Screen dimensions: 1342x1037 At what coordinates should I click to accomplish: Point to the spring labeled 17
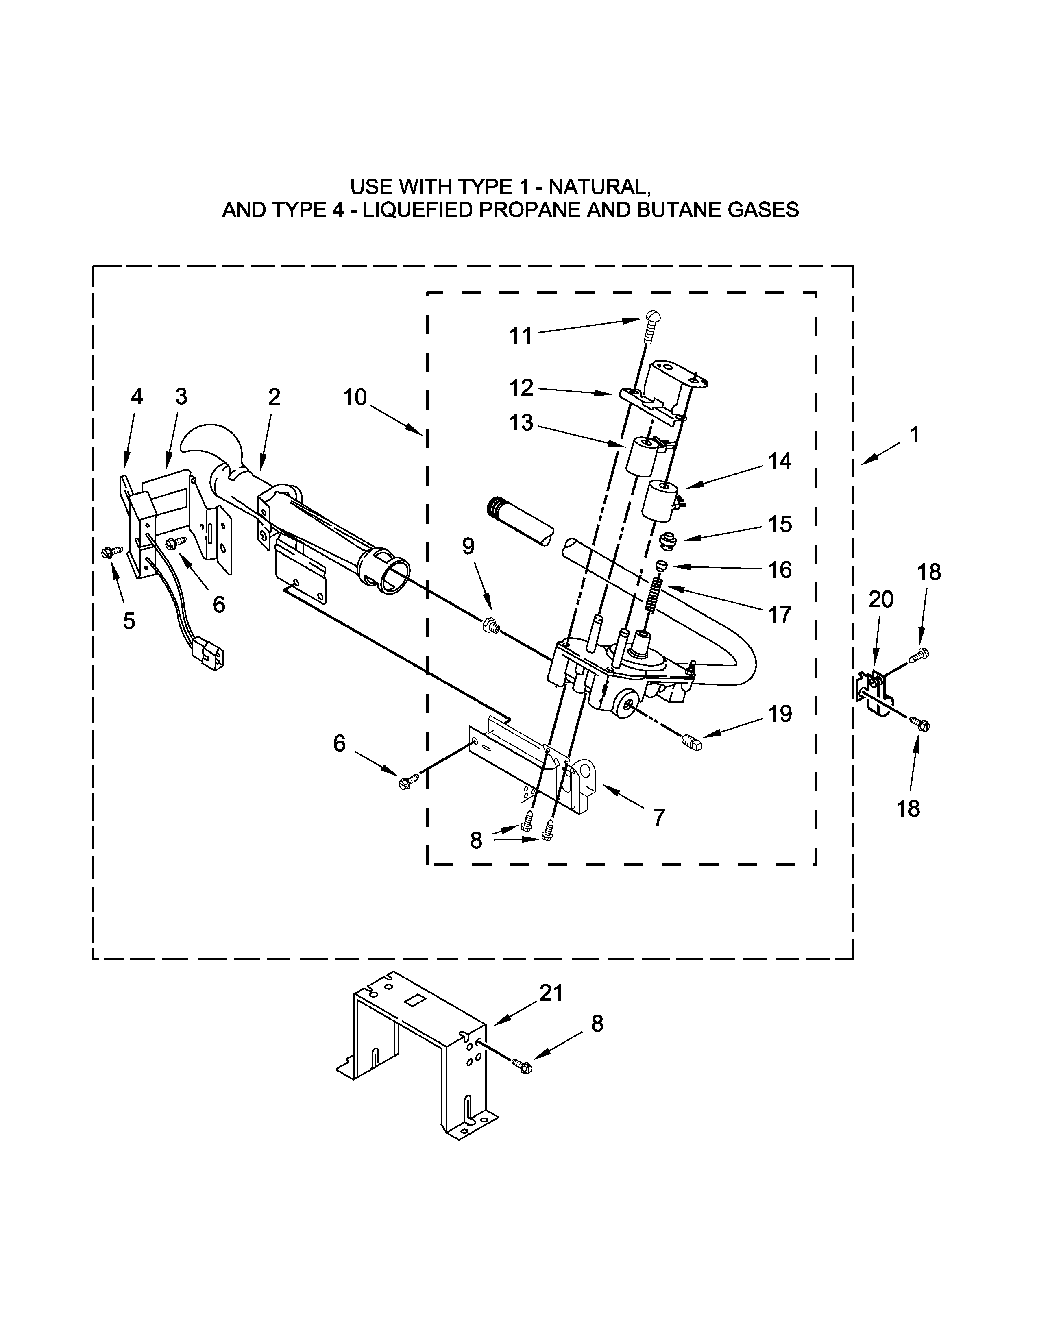(656, 597)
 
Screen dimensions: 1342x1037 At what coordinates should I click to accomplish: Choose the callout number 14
(780, 461)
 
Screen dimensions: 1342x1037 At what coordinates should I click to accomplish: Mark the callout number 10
(355, 398)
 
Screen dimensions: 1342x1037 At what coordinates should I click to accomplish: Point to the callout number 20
(880, 599)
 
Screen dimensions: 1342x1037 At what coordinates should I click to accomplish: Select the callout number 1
(914, 435)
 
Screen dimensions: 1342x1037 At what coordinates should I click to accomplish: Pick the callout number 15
(780, 524)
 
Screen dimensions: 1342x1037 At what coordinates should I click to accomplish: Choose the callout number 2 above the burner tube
(274, 398)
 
